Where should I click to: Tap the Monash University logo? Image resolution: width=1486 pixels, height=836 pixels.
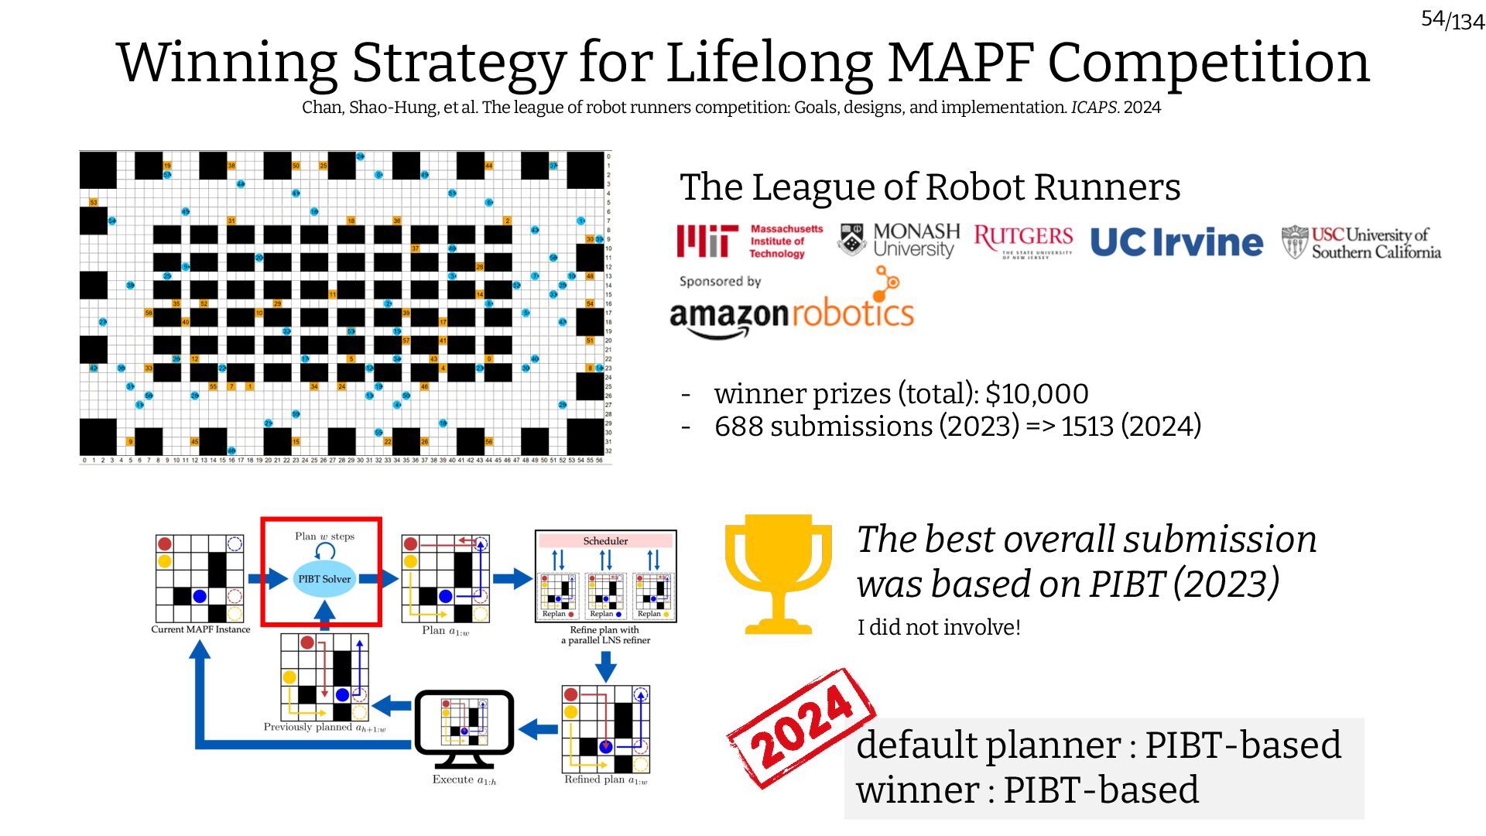pos(898,241)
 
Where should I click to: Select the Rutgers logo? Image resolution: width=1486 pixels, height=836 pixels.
pos(1023,241)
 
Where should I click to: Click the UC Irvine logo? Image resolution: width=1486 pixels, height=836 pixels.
pos(1176,242)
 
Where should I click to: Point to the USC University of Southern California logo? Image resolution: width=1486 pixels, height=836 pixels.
pos(1361,242)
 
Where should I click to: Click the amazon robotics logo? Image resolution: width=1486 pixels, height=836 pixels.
pos(792,310)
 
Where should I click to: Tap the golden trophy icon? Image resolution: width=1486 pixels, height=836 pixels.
pos(778,574)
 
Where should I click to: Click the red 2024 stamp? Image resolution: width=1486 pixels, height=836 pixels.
pos(802,728)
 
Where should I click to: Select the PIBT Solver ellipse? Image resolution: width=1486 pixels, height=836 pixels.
pos(324,579)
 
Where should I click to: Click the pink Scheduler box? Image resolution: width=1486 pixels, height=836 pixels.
pos(605,541)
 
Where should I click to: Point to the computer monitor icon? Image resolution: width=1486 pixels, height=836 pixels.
pos(464,724)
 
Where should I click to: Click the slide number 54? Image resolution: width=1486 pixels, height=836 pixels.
pos(1433,19)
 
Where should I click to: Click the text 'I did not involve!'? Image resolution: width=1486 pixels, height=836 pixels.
pos(939,627)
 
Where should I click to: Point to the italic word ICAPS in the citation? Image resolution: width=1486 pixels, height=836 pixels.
pos(1094,108)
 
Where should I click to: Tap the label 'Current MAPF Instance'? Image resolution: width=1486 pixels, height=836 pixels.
pos(200,629)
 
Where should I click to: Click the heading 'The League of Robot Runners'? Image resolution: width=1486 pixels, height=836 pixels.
pos(930,187)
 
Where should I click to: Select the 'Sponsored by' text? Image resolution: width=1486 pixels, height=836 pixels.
pos(720,282)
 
